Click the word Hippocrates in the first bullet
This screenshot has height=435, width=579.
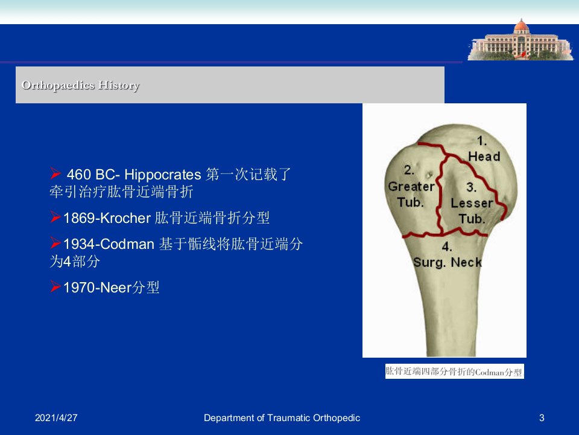click(162, 175)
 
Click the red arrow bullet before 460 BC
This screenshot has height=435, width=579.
click(55, 173)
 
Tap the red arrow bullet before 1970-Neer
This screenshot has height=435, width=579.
click(55, 286)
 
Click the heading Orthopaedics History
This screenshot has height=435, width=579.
click(80, 85)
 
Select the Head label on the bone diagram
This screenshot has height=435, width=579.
click(484, 156)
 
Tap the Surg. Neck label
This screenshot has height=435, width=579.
click(448, 262)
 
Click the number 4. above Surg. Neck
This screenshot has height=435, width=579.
click(447, 246)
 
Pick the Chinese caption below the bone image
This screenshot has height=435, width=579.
click(455, 372)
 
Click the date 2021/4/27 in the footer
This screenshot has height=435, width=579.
click(56, 418)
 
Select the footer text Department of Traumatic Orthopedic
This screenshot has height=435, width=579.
click(282, 418)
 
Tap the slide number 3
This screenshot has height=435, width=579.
click(542, 418)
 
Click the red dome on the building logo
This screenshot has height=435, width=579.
click(521, 26)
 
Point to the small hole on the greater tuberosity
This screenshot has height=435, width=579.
click(429, 175)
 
